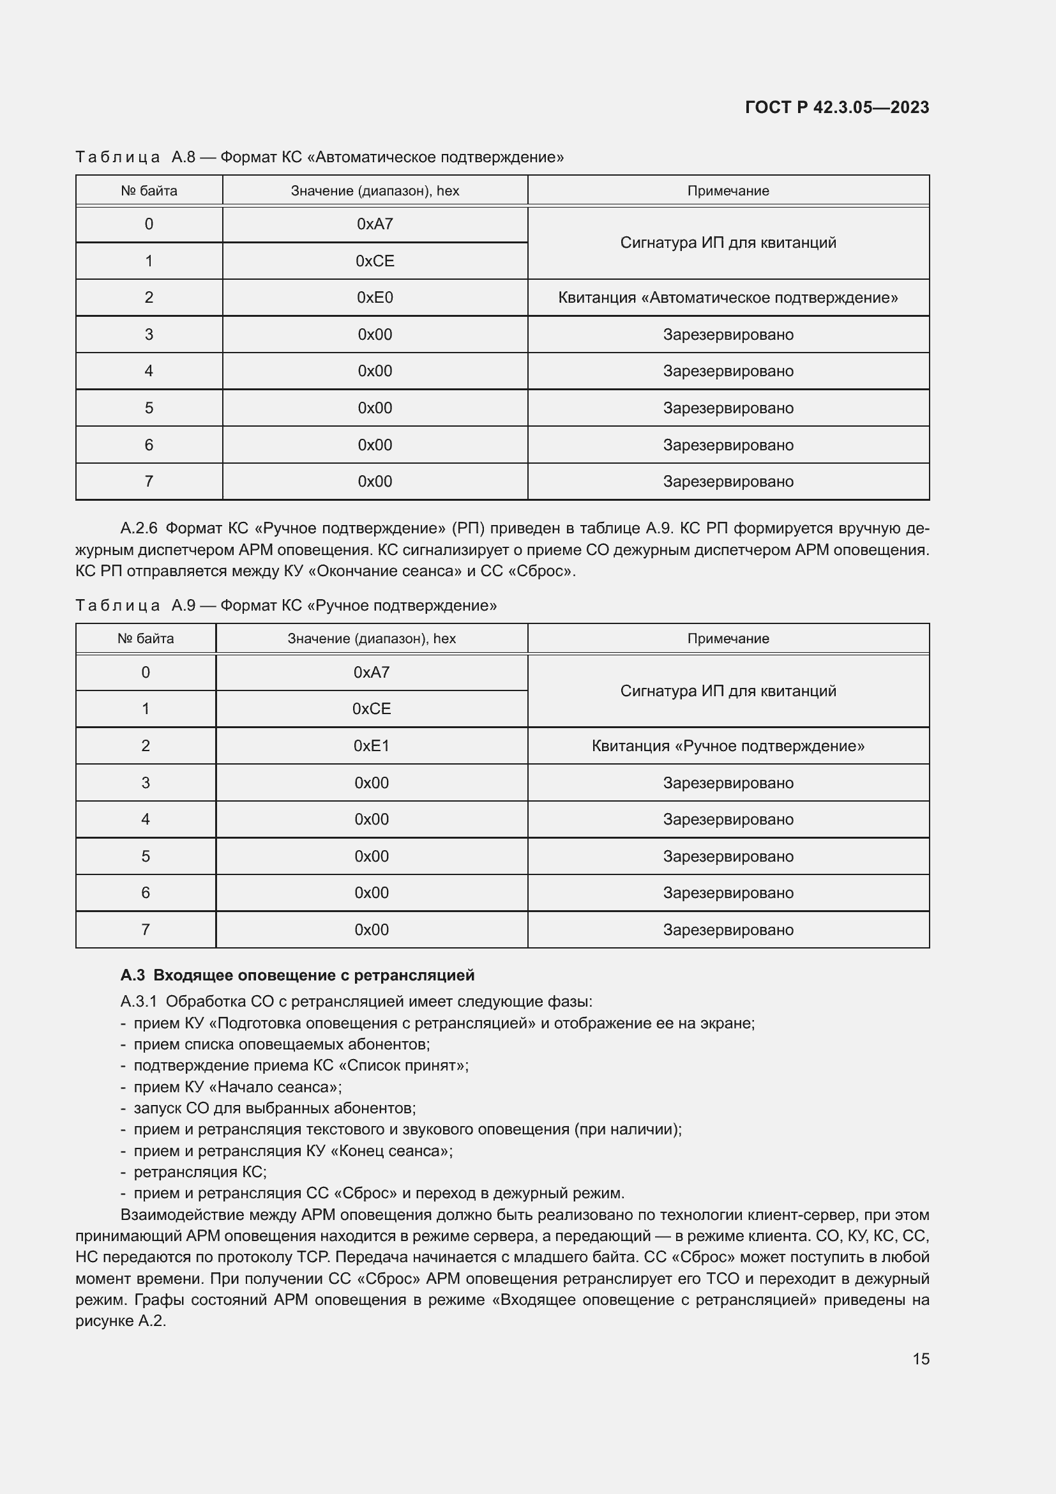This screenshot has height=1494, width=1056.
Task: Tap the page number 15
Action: pos(920,1359)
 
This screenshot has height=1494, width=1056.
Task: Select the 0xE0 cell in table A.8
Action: pos(375,298)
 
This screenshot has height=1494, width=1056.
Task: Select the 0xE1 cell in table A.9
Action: pos(372,745)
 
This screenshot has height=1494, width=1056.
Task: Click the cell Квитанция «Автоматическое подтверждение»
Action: pos(728,298)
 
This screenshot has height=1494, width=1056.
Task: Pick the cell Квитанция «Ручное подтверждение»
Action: pos(728,745)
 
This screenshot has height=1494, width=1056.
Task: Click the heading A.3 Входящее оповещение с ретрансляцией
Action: pos(297,975)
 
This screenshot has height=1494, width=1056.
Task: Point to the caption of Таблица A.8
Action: pos(319,157)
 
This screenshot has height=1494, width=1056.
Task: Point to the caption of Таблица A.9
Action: pos(285,605)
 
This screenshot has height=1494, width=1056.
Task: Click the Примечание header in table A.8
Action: pos(728,190)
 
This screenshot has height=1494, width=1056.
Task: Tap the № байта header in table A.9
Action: pos(146,638)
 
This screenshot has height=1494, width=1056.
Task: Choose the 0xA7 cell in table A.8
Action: pos(375,224)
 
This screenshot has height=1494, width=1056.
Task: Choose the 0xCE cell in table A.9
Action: pos(372,708)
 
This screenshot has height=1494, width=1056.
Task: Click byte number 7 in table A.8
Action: pos(149,482)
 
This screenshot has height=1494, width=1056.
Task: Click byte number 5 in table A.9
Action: pos(146,856)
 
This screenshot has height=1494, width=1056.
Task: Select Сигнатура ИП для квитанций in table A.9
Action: pos(728,691)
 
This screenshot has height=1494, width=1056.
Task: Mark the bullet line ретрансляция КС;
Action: pos(200,1172)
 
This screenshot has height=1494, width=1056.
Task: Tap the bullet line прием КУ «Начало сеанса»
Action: pos(238,1087)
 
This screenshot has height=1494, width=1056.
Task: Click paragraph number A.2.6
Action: pos(139,528)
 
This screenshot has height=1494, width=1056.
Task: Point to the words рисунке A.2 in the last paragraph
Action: pos(119,1321)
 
